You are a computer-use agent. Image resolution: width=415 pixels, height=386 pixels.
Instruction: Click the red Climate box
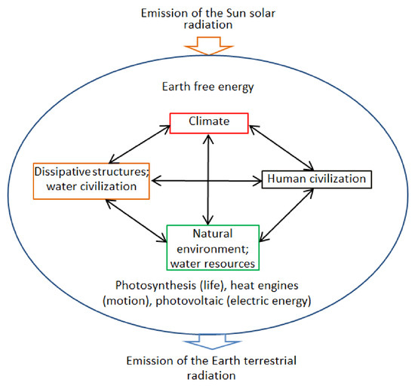209,123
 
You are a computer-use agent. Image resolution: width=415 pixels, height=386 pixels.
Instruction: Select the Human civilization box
317,179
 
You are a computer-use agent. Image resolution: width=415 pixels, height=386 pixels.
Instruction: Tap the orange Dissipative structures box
91,181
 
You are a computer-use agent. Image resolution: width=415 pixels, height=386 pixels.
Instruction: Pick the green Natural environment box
213,247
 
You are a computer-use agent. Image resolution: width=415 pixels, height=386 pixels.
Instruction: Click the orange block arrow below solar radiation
209,46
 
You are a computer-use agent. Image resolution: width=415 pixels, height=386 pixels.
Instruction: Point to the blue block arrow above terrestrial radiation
212,342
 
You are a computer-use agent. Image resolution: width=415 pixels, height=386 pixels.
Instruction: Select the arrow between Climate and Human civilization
281,148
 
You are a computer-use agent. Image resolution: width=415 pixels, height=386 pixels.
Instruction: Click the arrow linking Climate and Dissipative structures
140,144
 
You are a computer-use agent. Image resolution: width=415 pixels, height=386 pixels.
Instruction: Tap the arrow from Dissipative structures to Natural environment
137,220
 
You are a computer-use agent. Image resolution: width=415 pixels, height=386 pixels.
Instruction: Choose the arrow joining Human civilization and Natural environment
287,215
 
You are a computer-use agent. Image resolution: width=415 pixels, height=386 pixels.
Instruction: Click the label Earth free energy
207,87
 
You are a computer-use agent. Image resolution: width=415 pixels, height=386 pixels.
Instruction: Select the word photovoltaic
189,301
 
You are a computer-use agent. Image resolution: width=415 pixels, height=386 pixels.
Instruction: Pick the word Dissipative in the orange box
63,172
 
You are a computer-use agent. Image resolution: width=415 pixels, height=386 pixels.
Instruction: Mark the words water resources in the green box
213,264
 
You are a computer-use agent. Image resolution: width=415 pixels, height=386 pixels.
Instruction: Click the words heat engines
264,286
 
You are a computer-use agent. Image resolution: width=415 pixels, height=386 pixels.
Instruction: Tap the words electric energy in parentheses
269,301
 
